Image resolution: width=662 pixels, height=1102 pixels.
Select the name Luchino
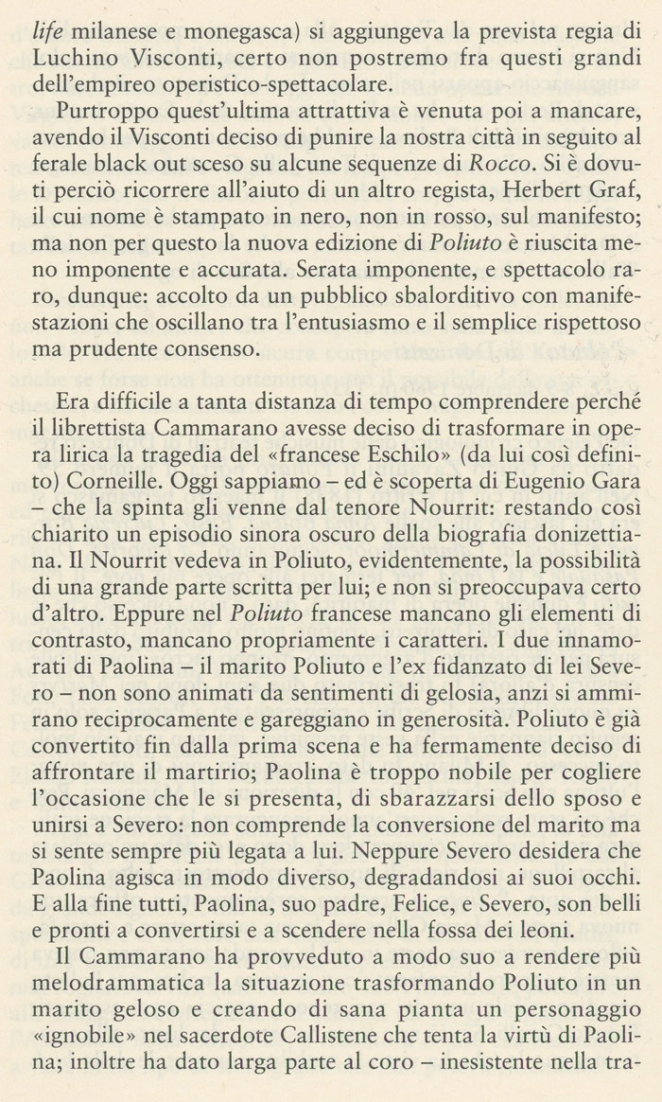(69, 46)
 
